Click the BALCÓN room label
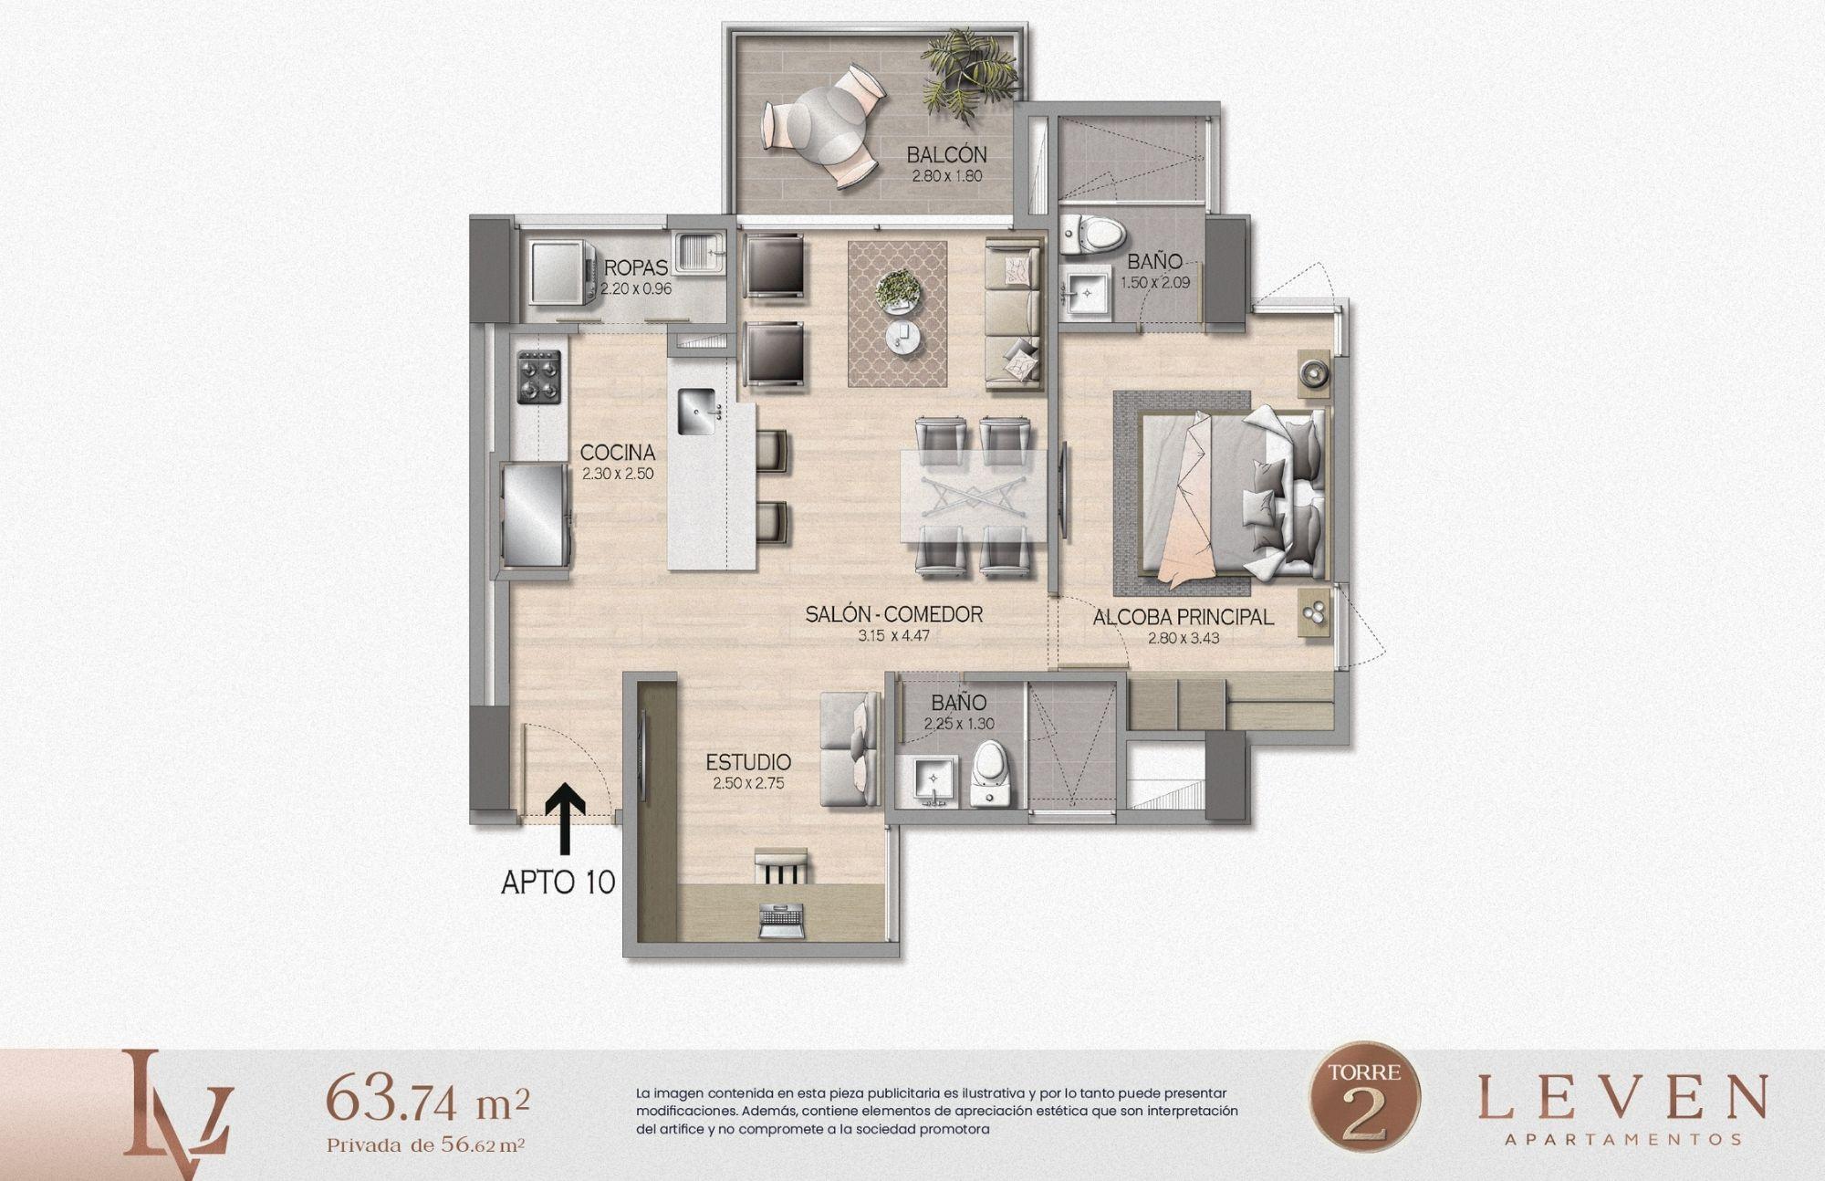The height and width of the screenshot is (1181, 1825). pos(946,154)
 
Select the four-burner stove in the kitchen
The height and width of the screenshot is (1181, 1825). pos(538,378)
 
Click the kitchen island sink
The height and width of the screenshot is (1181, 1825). pos(697,412)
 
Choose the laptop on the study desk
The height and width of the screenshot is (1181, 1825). pos(780,920)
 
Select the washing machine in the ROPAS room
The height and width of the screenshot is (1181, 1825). pos(559,273)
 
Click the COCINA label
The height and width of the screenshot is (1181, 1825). pos(618,453)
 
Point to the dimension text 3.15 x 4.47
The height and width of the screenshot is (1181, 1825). pos(893,637)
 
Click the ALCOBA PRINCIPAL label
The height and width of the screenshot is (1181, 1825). pos(1184,618)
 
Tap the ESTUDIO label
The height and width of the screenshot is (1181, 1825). pos(748,762)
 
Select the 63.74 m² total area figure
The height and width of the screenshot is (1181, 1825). pos(428,1101)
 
